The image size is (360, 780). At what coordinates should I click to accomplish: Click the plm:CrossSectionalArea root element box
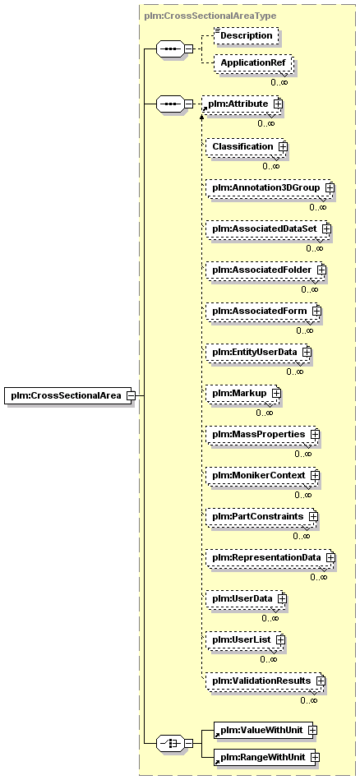tap(68, 395)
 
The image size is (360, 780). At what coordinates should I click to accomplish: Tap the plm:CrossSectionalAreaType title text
tap(210, 16)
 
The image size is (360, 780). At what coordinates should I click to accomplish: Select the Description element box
tap(246, 36)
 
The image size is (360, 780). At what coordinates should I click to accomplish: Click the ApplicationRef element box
tap(253, 63)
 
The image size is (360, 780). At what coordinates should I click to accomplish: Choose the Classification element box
tap(247, 147)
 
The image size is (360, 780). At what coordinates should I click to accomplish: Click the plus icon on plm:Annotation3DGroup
tap(330, 188)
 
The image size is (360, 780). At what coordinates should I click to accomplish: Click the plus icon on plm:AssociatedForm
tap(316, 311)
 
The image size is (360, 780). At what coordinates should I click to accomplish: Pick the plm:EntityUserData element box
tap(259, 352)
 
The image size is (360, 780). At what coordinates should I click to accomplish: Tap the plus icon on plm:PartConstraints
tap(313, 516)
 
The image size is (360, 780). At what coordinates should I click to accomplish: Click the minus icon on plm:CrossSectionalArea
tap(131, 395)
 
